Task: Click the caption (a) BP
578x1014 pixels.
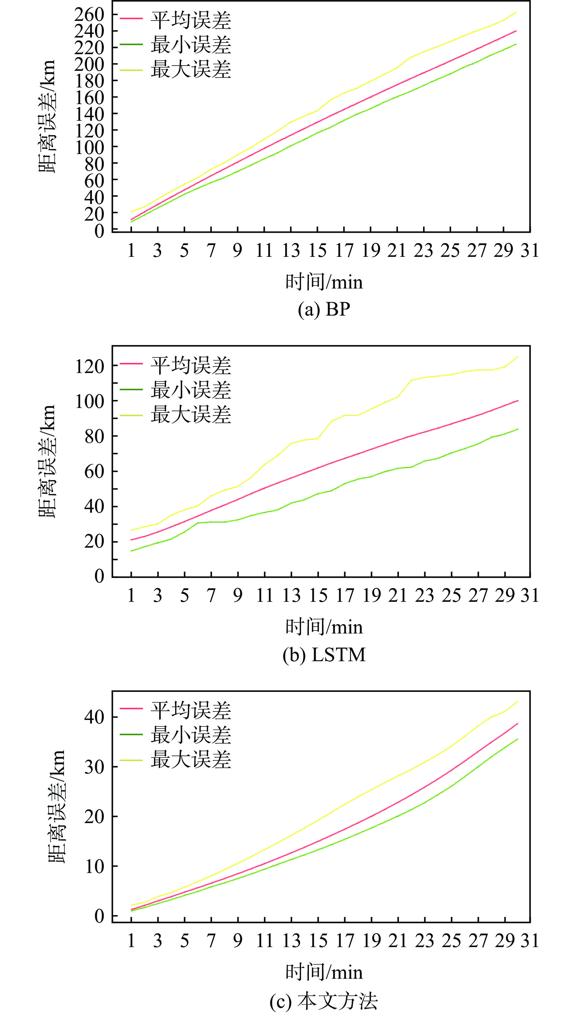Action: tap(324, 309)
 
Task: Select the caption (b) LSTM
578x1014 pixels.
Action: tap(324, 655)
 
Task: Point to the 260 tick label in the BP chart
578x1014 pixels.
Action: tap(89, 15)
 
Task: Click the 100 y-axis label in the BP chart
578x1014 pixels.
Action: tap(89, 148)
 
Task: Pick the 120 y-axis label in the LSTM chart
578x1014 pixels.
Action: tap(89, 366)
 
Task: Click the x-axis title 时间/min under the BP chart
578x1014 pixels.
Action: tap(324, 282)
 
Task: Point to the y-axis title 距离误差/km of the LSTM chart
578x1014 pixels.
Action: tap(47, 461)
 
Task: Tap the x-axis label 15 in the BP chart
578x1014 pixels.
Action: tap(318, 251)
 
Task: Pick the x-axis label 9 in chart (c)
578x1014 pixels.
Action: tap(237, 941)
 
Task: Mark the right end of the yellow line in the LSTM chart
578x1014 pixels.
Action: tap(518, 357)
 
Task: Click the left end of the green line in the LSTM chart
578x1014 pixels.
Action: tap(131, 551)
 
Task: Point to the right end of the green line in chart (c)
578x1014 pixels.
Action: tap(518, 739)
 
